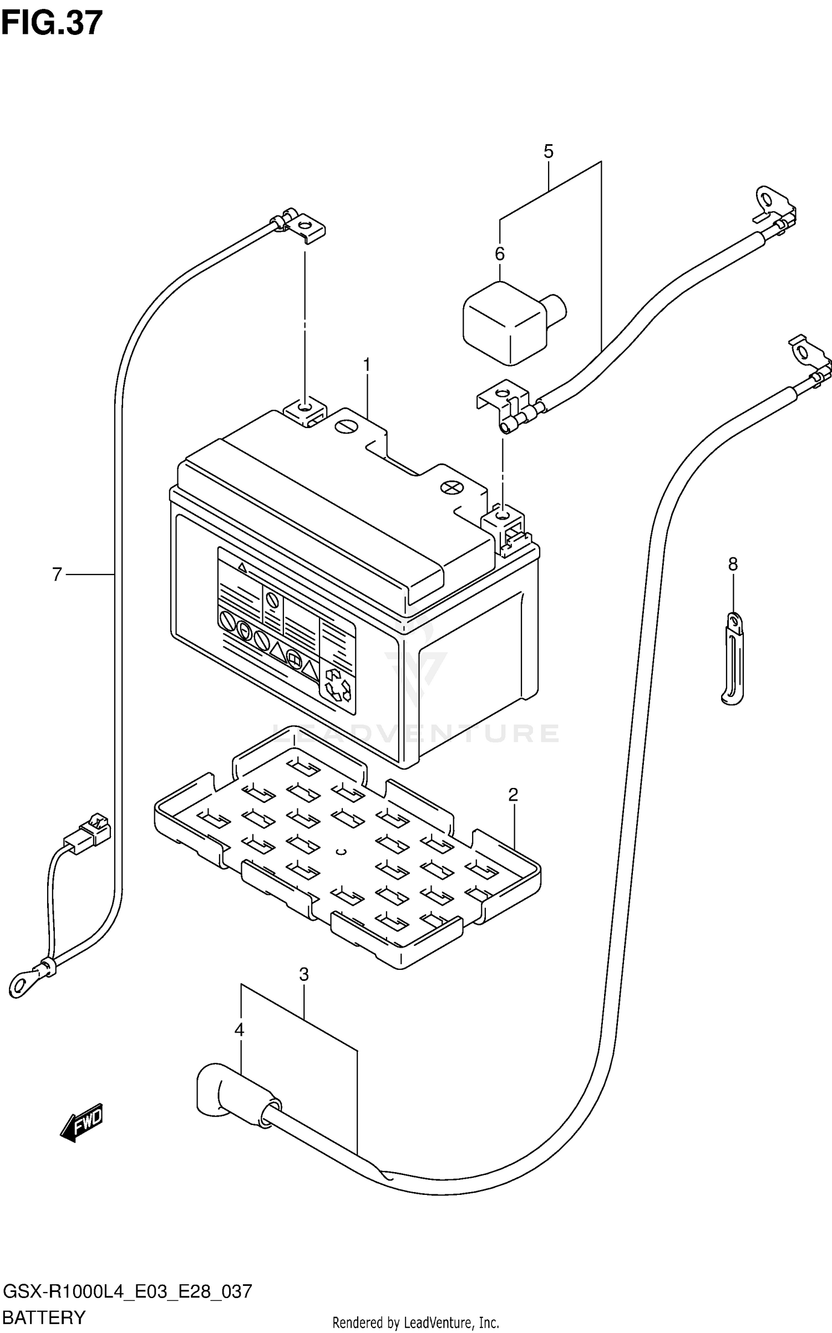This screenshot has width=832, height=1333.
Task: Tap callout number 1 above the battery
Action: pos(366,365)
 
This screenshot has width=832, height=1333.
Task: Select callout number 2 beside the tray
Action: pos(513,795)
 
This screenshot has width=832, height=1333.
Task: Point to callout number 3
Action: pos(303,974)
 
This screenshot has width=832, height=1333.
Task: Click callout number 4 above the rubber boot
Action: pos(239,1030)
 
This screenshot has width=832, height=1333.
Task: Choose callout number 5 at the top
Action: pos(548,151)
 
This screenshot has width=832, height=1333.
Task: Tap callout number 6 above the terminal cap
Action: pos(500,254)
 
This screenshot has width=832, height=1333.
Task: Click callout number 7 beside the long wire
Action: pos(57,574)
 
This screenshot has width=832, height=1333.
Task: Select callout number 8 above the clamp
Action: pos(733,564)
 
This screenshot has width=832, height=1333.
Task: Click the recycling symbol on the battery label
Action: pos(338,684)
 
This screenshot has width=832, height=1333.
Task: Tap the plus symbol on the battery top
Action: pos(451,487)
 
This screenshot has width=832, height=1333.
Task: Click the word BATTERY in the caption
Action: pos(44,1317)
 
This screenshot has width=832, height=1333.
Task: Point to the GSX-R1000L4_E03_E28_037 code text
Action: pos(128,1291)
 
